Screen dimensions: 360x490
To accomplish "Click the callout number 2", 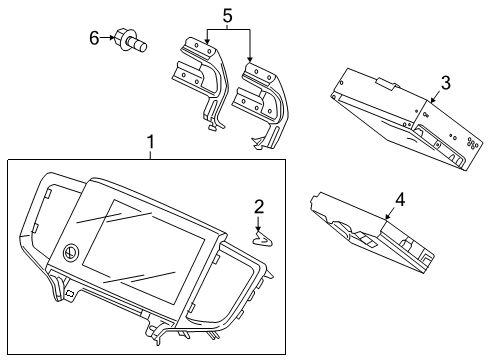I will click(259, 207).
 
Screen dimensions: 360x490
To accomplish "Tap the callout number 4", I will click(400, 199).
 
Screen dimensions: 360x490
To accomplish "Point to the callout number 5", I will click(227, 17).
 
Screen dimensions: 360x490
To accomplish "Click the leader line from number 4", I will click(390, 210).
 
